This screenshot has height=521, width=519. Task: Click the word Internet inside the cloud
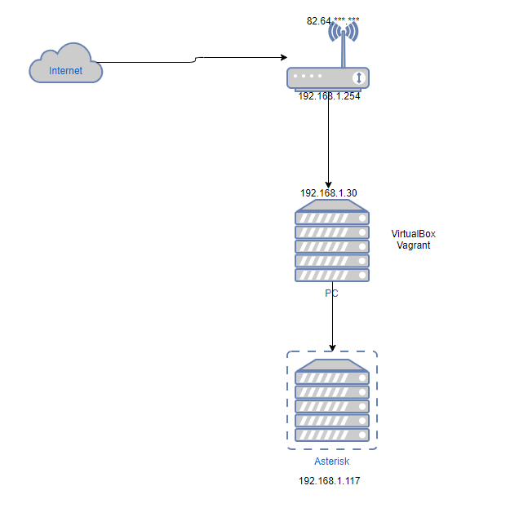click(x=65, y=71)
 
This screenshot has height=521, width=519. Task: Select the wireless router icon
click(x=329, y=77)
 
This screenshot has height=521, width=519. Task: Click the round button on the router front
click(x=357, y=77)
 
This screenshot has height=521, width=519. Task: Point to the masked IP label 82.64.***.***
click(x=332, y=20)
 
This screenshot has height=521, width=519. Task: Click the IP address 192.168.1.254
click(x=329, y=95)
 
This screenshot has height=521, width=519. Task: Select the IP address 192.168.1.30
click(x=328, y=193)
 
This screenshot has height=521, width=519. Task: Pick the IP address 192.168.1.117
click(x=329, y=481)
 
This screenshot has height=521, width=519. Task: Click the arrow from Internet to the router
click(x=196, y=59)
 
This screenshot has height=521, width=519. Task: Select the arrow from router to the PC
click(x=329, y=139)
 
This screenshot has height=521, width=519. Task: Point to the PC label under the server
click(x=331, y=294)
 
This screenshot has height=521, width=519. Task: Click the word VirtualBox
click(x=413, y=234)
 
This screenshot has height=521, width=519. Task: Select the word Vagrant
click(x=413, y=245)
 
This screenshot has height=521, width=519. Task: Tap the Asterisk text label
click(x=331, y=461)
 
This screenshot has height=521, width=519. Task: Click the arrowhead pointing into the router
click(x=282, y=58)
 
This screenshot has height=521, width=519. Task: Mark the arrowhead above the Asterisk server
click(x=332, y=347)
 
